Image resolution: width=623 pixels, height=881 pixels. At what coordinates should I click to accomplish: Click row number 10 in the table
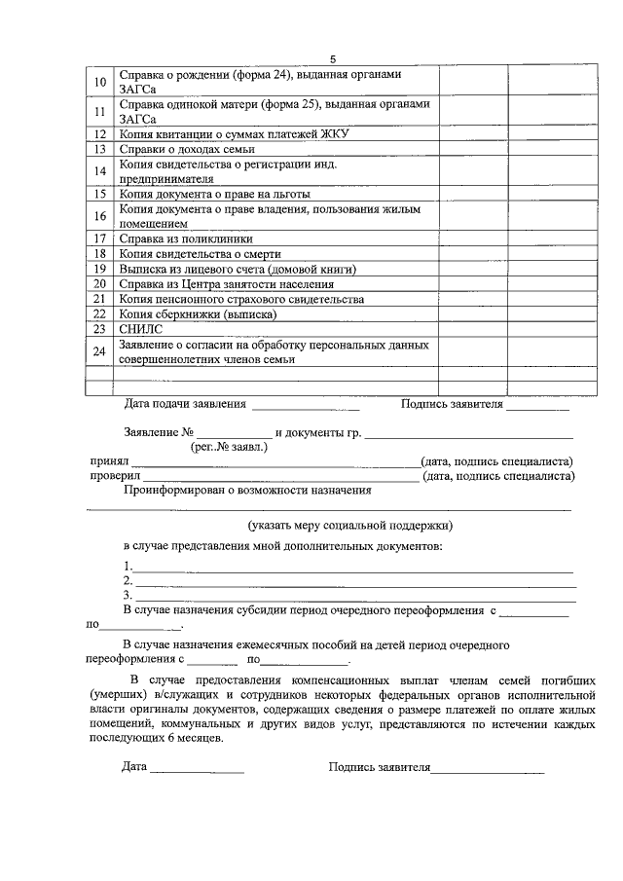click(99, 81)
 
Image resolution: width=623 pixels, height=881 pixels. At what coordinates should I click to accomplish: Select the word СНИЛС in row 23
click(140, 330)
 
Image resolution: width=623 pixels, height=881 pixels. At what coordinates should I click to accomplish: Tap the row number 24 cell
click(99, 351)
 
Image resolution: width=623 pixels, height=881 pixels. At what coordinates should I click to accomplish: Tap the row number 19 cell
click(99, 269)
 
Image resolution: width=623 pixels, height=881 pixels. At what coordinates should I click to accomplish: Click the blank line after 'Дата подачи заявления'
click(306, 406)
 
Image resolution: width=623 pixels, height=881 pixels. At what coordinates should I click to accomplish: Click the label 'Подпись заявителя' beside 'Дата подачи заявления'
click(452, 404)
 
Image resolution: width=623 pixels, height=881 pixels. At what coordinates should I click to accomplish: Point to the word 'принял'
click(109, 461)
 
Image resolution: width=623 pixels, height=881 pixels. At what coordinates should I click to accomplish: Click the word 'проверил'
click(116, 476)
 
